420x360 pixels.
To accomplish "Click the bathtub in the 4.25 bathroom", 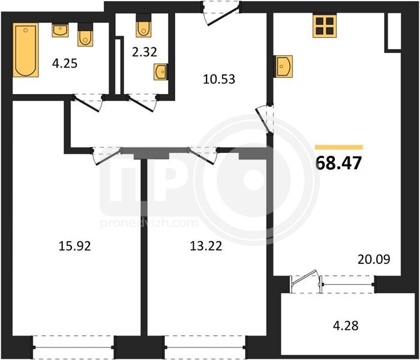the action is pos(25,50).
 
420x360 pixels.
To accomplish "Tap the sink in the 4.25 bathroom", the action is pos(60,30).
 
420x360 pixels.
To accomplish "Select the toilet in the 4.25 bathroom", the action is pos(85,35).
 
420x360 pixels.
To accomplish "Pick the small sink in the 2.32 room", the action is pos(161,71).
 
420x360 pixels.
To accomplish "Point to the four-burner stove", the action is pos(325,26).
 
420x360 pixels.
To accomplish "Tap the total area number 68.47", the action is pos(339,163).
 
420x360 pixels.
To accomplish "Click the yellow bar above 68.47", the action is pos(339,147).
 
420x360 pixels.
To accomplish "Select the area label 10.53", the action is pos(219,79).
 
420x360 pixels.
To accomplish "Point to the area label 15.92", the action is pos(75,246).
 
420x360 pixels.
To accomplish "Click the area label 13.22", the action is pos(206,246).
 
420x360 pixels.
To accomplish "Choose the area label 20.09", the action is pos(374,259).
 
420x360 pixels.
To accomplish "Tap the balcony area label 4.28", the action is pos(346,326).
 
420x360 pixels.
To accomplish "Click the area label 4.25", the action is pos(65,64).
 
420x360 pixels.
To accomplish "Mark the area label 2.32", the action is pos(145,52).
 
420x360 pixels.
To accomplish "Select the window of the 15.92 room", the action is pos(74,347).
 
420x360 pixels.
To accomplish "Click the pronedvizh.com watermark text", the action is pos(149,223).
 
